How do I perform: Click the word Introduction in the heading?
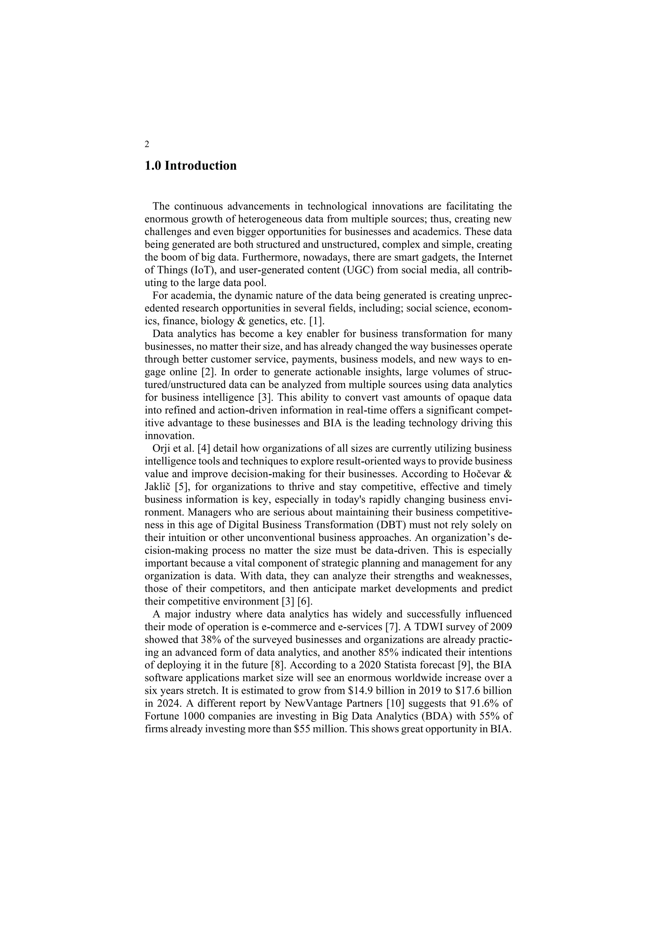click(200, 166)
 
